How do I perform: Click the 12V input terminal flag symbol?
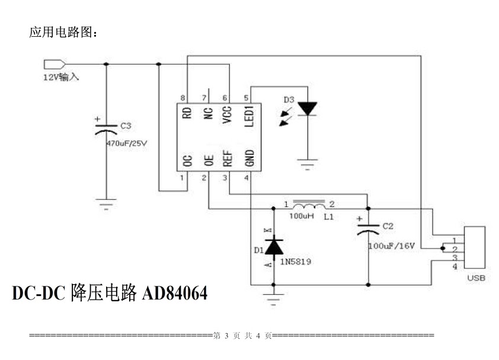53,64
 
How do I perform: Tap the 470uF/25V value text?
126,143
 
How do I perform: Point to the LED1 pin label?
249,115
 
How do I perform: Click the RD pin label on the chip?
187,113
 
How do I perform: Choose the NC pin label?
207,113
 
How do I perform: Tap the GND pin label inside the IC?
249,158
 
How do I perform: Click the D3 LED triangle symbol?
307,109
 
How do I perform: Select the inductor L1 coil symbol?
309,206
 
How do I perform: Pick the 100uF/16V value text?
391,244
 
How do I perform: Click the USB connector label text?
476,277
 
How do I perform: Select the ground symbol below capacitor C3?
106,205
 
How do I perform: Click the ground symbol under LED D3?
307,165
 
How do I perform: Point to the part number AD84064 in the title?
173,292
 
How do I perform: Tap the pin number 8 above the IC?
183,98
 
